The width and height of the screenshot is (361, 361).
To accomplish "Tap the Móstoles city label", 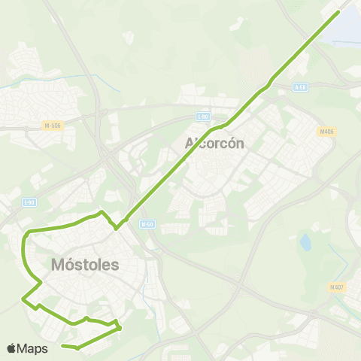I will click(x=86, y=265).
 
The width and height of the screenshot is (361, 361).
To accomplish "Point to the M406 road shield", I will click(x=326, y=131).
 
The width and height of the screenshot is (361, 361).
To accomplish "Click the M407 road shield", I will click(x=336, y=287).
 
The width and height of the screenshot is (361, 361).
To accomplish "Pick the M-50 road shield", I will click(x=147, y=223).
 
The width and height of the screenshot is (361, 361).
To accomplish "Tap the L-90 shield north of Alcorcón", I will click(x=202, y=116).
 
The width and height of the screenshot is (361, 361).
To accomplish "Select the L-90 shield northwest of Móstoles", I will click(x=29, y=202).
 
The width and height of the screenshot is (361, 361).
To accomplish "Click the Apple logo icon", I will click(x=11, y=348).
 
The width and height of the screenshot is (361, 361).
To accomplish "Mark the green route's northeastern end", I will click(x=338, y=12).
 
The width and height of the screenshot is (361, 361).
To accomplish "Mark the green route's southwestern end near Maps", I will click(x=62, y=346).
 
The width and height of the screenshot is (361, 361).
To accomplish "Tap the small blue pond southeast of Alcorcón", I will click(x=305, y=242).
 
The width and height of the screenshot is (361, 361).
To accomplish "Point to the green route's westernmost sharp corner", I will click(x=23, y=300).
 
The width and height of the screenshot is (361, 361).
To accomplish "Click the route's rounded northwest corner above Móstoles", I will click(x=26, y=235).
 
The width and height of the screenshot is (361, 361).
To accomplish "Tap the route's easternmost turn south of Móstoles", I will click(x=120, y=327).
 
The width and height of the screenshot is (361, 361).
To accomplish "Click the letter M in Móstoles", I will click(x=59, y=265).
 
